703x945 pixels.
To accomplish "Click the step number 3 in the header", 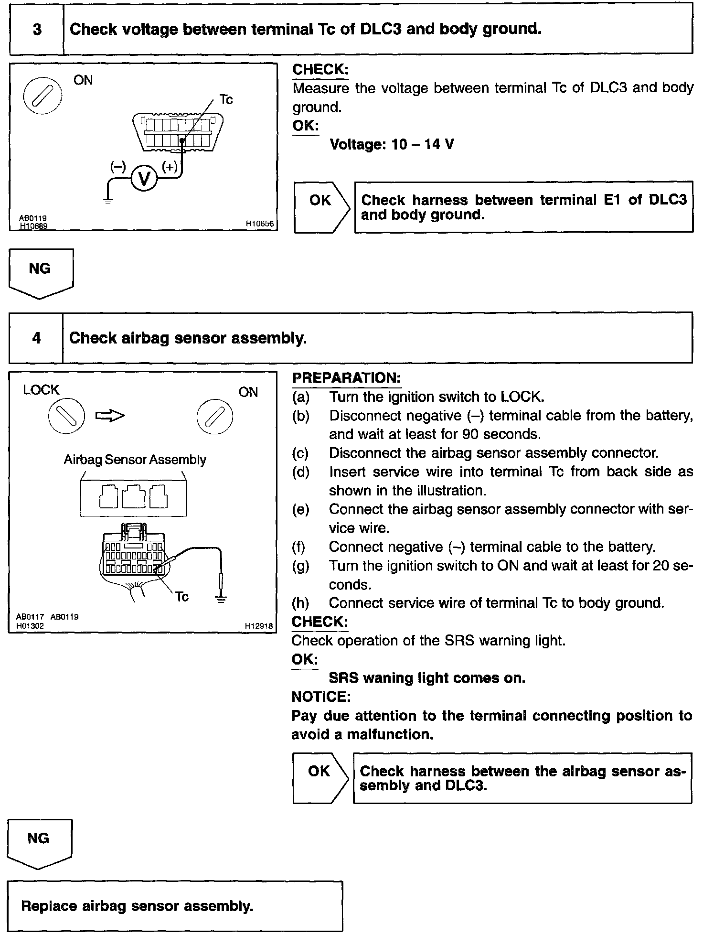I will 37,29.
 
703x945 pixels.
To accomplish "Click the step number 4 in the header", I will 36,338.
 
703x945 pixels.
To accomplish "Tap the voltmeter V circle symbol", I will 144,178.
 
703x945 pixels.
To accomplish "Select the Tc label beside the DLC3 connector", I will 226,99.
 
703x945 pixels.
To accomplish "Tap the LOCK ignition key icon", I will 66,415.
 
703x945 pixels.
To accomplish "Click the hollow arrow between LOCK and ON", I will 110,416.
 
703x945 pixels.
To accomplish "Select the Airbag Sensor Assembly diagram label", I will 135,460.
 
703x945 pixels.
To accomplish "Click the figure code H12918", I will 259,625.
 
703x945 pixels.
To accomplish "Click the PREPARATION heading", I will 346,378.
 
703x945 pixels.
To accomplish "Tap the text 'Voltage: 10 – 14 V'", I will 392,144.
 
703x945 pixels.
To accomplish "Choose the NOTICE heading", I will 321,697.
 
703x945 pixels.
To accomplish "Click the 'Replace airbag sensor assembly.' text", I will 138,906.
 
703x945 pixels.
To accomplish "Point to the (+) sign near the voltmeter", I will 170,166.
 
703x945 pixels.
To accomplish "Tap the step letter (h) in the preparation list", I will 300,603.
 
